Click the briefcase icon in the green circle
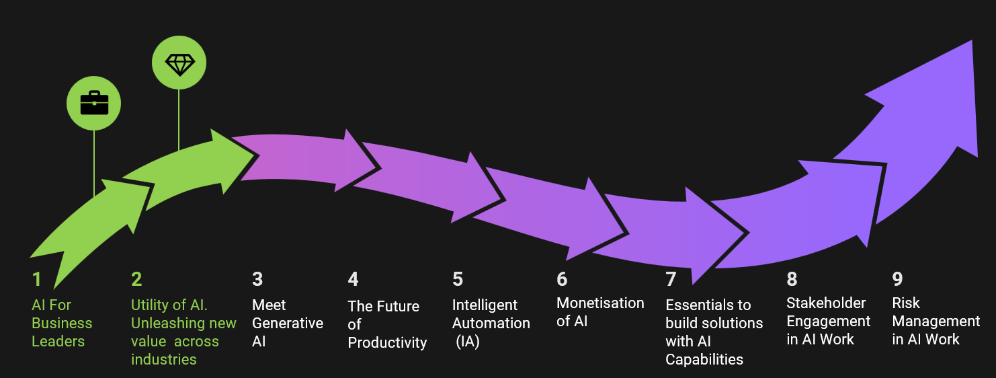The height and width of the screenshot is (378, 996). pyautogui.click(x=93, y=103)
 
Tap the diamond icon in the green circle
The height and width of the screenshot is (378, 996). pyautogui.click(x=179, y=64)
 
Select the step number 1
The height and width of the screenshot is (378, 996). pyautogui.click(x=36, y=279)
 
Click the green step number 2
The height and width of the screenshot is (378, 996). pyautogui.click(x=137, y=279)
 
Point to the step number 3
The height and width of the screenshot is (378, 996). pyautogui.click(x=257, y=279)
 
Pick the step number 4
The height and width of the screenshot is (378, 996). pyautogui.click(x=354, y=279)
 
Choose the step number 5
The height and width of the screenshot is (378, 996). pyautogui.click(x=458, y=279)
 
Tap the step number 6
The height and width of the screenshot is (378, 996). pyautogui.click(x=563, y=279)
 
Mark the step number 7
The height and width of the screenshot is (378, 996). pyautogui.click(x=671, y=279)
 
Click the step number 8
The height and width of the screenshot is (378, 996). pyautogui.click(x=792, y=279)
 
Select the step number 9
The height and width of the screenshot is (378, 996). pyautogui.click(x=898, y=279)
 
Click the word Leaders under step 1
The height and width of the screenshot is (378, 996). pyautogui.click(x=58, y=341)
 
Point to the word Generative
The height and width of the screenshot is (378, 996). pyautogui.click(x=288, y=324)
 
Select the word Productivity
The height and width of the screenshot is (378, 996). pyautogui.click(x=387, y=343)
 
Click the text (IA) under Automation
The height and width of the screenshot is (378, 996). pyautogui.click(x=467, y=342)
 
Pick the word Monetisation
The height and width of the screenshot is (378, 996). pyautogui.click(x=600, y=303)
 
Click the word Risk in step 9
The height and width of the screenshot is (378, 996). pyautogui.click(x=906, y=303)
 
